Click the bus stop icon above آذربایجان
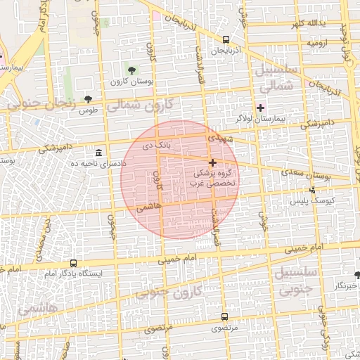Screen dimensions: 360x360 (x=225, y=39)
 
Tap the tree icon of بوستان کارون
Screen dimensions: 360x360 (x=131, y=69)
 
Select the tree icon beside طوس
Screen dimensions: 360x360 (x=88, y=99)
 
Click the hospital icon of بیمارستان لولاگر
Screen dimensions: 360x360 (x=261, y=108)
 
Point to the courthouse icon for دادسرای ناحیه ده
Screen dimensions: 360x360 (x=98, y=153)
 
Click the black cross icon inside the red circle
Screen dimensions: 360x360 (x=212, y=162)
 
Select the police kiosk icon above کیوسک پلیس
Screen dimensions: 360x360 (x=313, y=189)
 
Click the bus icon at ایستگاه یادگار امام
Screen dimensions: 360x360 (x=73, y=263)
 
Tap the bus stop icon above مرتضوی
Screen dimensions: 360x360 (x=224, y=316)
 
